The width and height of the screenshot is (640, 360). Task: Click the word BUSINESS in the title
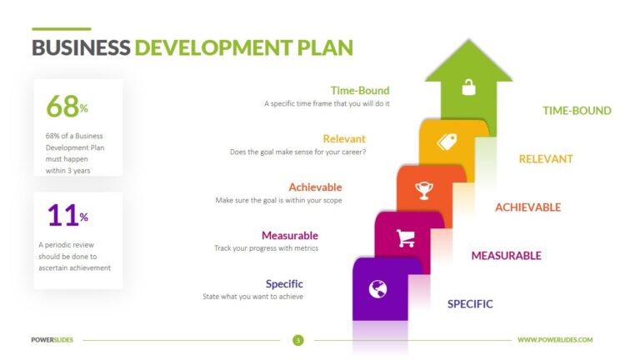81,47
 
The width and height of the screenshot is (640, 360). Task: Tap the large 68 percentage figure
62,106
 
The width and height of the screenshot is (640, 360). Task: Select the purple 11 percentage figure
62,216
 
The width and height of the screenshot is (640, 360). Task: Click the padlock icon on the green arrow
468,87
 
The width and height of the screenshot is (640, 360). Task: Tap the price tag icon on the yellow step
447,141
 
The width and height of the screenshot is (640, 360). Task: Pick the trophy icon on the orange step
424,191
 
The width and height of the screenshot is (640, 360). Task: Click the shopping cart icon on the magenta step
406,238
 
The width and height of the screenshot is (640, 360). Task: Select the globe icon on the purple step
378,289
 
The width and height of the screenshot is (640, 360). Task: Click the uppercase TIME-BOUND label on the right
577,111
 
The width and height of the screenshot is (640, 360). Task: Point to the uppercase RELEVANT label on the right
546,159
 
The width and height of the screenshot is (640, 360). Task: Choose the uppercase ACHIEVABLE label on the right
527,207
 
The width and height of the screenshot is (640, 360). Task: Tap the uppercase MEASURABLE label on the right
506,256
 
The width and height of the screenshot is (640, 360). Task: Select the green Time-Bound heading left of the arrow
359,91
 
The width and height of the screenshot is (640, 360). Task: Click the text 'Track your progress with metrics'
266,248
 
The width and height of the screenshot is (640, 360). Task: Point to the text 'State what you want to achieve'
252,297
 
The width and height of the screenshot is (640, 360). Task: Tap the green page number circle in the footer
297,340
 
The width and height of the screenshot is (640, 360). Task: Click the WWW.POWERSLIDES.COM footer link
554,340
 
